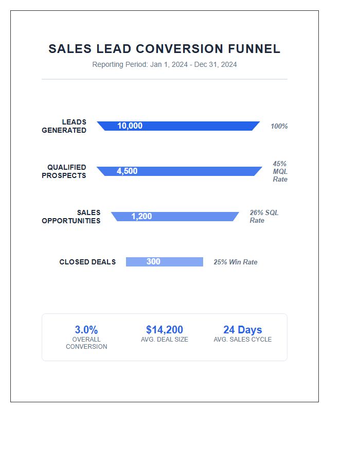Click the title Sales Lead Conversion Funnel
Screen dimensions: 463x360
[x=165, y=49]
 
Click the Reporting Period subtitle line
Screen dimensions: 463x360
[x=165, y=65]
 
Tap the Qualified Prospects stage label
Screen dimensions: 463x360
[x=64, y=171]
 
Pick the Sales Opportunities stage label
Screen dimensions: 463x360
[x=71, y=217]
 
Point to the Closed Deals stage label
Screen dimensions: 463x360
[x=87, y=262]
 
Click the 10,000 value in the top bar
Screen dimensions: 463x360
[x=130, y=126]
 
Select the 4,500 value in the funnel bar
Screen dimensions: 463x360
[x=127, y=171]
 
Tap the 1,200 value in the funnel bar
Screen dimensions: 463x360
[x=141, y=217]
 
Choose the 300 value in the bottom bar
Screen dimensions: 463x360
[x=153, y=262]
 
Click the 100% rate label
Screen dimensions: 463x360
[x=279, y=127]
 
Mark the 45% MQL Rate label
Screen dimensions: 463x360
[x=280, y=171]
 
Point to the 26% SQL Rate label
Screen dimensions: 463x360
[x=264, y=217]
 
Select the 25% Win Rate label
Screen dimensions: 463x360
[x=236, y=262]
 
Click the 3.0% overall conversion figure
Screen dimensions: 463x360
[x=86, y=330]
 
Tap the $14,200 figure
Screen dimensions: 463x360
[x=165, y=330]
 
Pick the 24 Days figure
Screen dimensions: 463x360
[x=243, y=330]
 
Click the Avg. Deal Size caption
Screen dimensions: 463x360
[x=165, y=340]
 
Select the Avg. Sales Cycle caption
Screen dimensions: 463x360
[x=243, y=340]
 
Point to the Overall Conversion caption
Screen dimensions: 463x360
[x=86, y=343]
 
